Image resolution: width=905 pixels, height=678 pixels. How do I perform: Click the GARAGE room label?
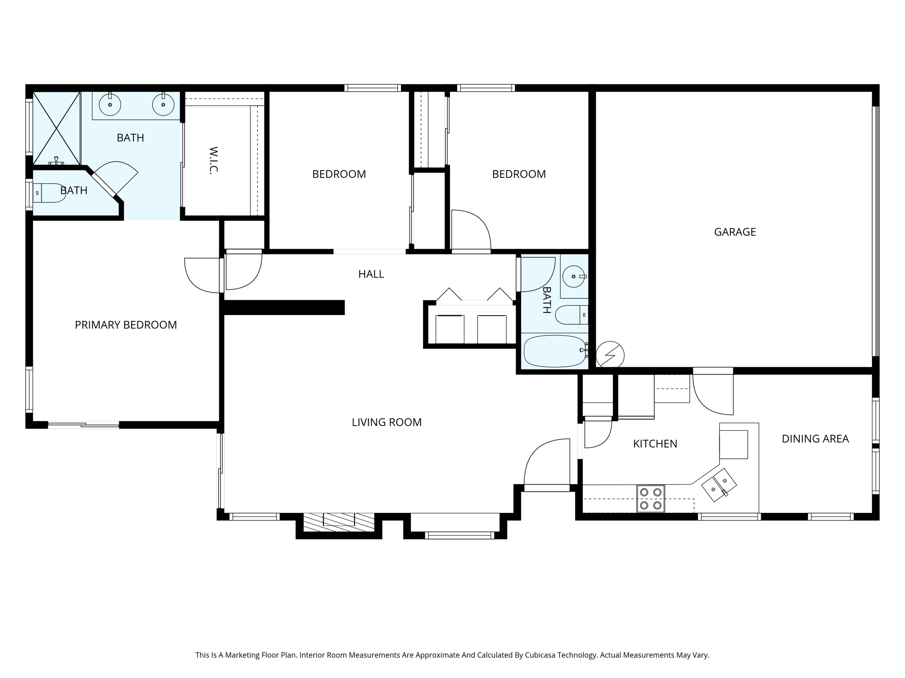pos(735,232)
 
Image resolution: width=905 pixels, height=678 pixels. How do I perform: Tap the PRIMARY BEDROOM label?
pos(126,325)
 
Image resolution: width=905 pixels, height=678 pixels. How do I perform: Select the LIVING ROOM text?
pos(387,422)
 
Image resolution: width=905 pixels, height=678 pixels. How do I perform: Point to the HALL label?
pos(371,274)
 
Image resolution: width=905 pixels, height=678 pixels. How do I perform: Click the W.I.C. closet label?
pos(214,160)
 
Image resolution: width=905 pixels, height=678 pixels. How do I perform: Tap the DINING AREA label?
pos(815,439)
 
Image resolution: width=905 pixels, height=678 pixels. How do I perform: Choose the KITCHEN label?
pos(655,444)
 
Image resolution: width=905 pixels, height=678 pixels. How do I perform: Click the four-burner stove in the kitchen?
pos(650,498)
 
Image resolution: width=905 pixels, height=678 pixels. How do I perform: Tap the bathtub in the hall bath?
pos(555,351)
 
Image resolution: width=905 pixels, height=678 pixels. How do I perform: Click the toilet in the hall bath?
pos(571,315)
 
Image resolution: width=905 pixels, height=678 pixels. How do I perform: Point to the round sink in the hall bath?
pos(574,276)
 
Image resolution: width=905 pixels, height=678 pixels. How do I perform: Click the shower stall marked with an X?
pos(56,128)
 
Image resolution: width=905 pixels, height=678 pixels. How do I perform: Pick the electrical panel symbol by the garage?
pos(610,354)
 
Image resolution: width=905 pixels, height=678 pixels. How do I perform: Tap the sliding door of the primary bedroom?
pos(84,425)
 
